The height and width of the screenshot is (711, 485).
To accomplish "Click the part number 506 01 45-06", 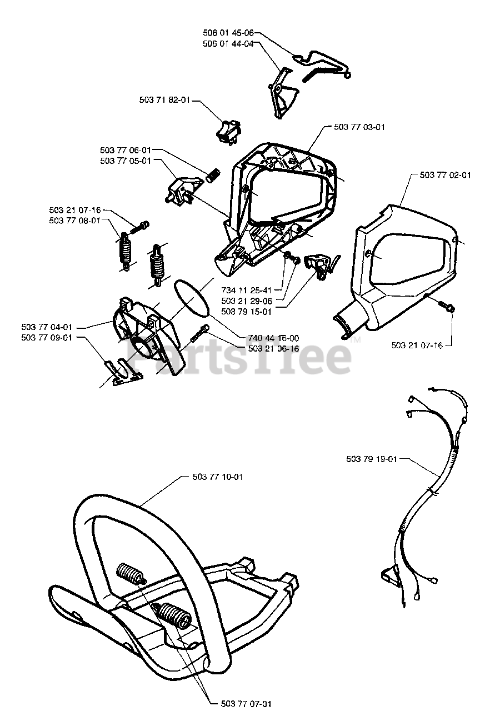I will click(228, 33).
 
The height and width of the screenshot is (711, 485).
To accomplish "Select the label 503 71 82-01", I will click(165, 100).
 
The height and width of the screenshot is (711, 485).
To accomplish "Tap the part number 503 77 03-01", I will click(359, 127).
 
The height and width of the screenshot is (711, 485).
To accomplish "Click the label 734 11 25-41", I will click(246, 291).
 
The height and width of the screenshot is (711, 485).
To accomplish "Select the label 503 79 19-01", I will click(371, 459).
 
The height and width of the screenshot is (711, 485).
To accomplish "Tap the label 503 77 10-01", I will click(217, 477).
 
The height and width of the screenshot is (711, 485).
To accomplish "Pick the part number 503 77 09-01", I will click(47, 337).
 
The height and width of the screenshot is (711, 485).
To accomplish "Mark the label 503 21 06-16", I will click(274, 348).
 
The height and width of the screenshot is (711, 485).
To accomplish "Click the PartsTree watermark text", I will click(239, 355).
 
